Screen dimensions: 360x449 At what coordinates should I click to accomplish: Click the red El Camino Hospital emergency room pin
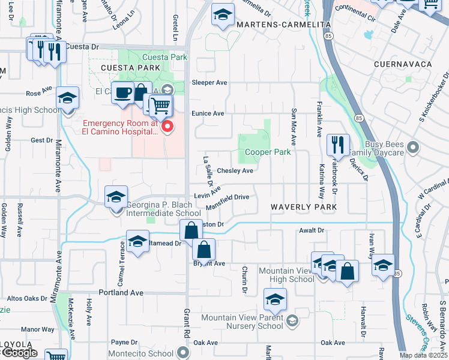168,127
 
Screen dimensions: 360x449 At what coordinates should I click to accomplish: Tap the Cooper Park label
268,152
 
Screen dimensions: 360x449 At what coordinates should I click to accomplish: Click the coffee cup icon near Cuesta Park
123,93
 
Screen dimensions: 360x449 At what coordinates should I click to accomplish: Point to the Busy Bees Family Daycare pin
412,146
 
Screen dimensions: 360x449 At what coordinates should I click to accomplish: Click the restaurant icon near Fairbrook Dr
338,145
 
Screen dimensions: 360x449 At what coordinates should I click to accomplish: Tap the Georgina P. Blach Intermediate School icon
116,196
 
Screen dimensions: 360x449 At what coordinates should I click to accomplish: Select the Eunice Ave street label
208,113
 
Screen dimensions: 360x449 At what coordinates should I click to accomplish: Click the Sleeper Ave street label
209,82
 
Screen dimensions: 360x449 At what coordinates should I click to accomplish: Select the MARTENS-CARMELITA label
283,25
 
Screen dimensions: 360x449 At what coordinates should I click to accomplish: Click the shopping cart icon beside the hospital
160,106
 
